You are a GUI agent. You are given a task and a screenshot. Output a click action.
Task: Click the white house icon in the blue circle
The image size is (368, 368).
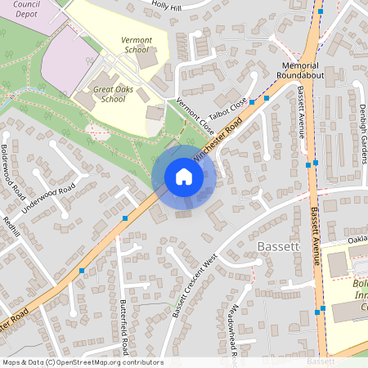pyautogui.click(x=183, y=176)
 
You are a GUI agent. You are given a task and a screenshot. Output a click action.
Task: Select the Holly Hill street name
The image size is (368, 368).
pyautogui.click(x=167, y=7)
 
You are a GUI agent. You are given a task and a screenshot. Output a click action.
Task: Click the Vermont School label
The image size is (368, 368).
pyautogui.click(x=136, y=44)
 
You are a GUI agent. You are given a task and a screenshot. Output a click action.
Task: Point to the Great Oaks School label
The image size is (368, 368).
pyautogui.click(x=109, y=93)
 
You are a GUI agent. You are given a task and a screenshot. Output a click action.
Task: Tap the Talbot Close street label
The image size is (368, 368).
pyautogui.click(x=227, y=110)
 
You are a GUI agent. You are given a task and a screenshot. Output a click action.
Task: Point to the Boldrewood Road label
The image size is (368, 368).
pyautogui.click(x=12, y=170)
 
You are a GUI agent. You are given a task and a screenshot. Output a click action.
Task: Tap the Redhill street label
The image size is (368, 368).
pyautogui.click(x=10, y=227)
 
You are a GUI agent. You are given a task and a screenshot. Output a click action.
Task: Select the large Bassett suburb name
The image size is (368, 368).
pyautogui.click(x=280, y=245)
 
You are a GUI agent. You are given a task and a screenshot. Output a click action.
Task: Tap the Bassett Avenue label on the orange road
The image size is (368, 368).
pyautogui.click(x=316, y=237)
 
